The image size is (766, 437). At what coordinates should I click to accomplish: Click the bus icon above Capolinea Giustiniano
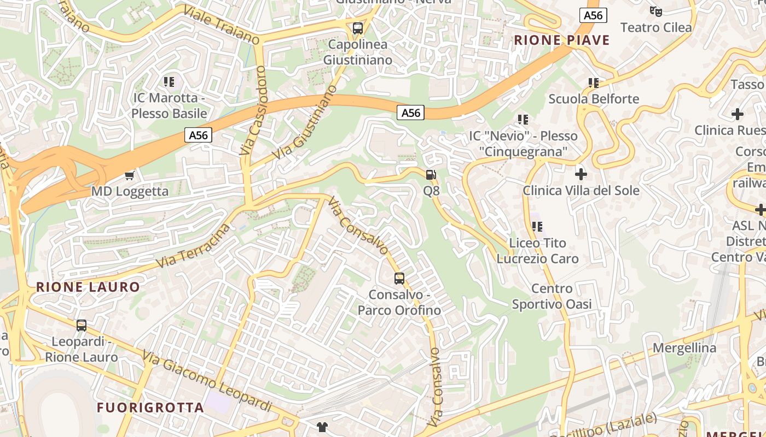[358, 28]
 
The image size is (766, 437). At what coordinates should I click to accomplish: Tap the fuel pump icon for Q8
[431, 175]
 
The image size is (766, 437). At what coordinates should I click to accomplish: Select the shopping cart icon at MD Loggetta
[130, 175]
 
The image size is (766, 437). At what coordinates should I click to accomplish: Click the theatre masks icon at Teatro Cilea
[655, 11]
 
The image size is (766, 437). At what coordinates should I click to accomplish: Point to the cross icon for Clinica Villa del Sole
[581, 174]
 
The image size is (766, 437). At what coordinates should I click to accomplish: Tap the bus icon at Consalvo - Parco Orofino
[399, 279]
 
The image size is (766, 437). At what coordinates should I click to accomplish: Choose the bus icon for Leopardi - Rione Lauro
[82, 326]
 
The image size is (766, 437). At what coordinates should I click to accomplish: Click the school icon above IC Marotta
[169, 82]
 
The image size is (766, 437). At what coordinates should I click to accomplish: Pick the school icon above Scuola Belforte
[594, 83]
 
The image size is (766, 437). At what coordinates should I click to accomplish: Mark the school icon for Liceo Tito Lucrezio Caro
[537, 226]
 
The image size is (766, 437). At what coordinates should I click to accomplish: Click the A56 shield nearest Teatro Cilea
[593, 15]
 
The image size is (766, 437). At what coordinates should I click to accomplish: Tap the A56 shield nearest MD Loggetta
[198, 135]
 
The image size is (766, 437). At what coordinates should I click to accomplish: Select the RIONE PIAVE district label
[561, 40]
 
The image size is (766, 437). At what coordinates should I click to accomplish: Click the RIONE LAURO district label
[88, 287]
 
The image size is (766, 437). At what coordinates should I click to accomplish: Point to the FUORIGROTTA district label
[150, 408]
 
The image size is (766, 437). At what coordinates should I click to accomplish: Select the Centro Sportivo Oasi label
[552, 296]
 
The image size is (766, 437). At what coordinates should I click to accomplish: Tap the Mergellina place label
[684, 348]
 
